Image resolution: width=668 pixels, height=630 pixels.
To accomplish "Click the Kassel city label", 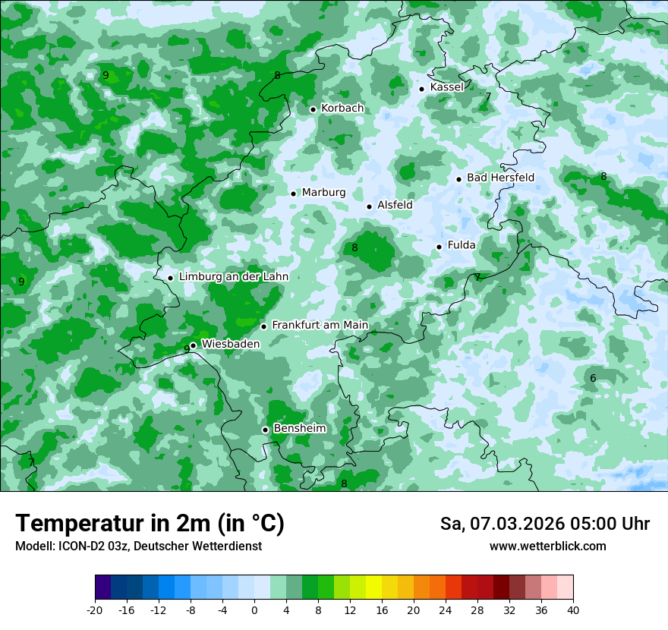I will pos(446,87).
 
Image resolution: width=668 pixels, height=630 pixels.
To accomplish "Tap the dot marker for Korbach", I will pos(313,109).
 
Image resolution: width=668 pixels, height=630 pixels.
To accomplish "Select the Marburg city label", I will pos(323,193).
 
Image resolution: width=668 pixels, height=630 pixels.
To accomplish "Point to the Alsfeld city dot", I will pos(370,206).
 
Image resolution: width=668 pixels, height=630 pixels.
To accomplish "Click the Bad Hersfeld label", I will pos(500,178).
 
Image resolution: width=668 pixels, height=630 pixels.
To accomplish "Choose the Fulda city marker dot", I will pos(439,247).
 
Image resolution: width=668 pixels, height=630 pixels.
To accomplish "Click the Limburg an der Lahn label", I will pos(233,277).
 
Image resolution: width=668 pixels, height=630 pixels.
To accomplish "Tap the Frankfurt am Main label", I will pos(320,326).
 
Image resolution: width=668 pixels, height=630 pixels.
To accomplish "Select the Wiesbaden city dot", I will pos(194,345).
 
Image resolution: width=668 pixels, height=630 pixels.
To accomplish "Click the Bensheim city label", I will pos(299,429).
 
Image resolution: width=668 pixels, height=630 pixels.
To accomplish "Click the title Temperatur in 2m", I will pos(150,524).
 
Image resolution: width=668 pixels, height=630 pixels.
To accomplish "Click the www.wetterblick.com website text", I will pos(547,547).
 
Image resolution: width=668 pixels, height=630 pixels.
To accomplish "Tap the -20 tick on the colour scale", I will pos(95,610).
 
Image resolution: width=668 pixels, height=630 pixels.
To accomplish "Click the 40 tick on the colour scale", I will pos(573,610).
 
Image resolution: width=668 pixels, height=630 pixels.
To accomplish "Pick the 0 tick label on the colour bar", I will pos(254,610).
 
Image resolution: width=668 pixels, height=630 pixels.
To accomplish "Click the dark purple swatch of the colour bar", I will pos(102,587).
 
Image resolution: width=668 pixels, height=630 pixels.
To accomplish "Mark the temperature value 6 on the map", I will pos(593,378).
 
